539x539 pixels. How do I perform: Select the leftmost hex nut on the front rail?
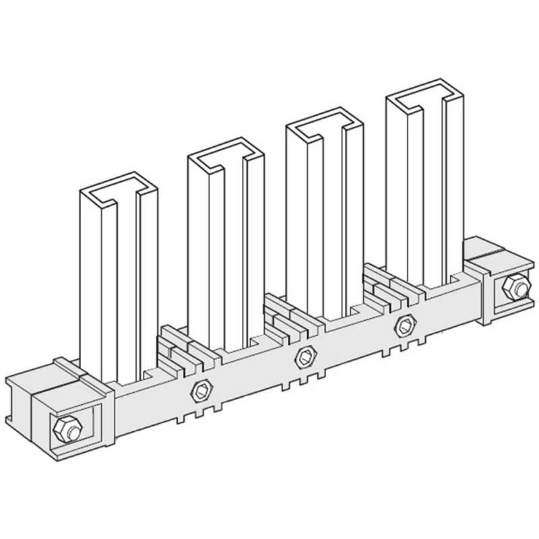coord(200,389)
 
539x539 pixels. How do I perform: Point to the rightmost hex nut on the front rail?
coord(405,325)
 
